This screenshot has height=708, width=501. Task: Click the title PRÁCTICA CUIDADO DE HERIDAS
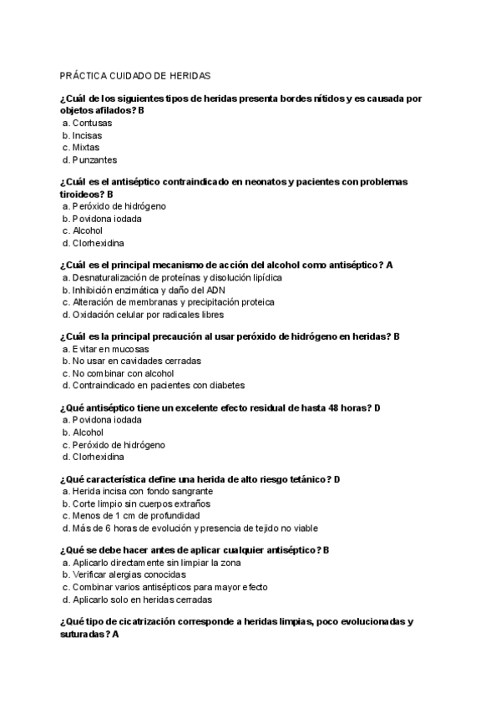[x=135, y=75]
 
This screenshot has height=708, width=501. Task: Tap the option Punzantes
[x=94, y=159]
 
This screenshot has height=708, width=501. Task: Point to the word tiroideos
[x=81, y=194]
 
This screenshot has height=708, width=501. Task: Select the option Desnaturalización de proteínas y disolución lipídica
[x=177, y=277]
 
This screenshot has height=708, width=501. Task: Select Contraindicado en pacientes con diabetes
[x=158, y=386]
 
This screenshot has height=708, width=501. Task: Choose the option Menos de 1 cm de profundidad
[x=133, y=516]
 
